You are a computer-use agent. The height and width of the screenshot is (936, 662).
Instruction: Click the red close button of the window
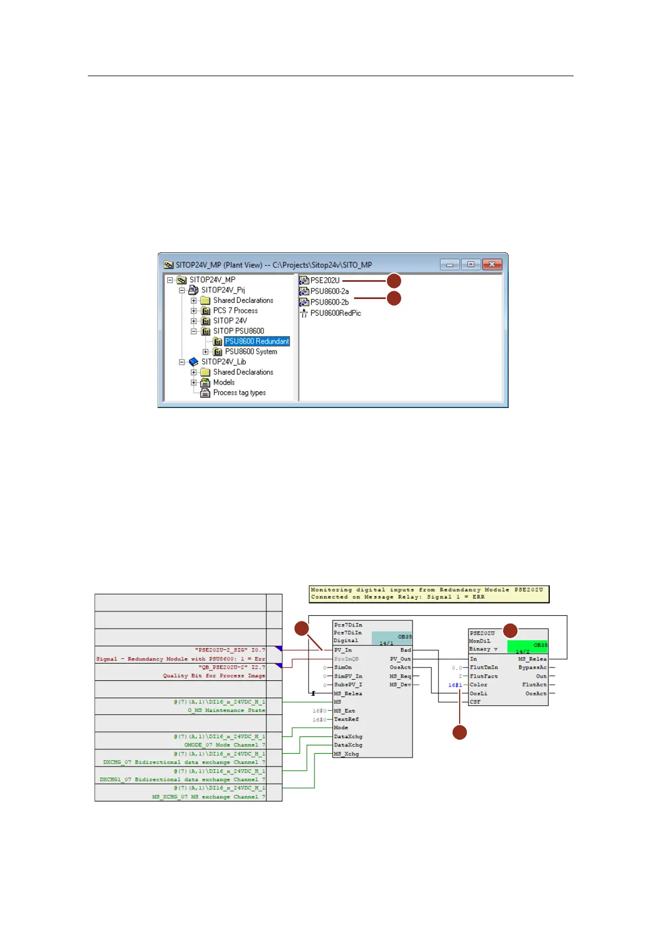coord(492,265)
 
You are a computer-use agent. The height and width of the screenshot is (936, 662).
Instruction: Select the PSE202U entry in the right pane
coord(325,280)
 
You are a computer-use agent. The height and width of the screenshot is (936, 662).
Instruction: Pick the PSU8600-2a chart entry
coord(329,291)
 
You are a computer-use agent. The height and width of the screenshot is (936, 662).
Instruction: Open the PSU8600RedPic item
coord(335,313)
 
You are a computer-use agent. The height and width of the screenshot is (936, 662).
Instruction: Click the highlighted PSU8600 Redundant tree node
coord(257,341)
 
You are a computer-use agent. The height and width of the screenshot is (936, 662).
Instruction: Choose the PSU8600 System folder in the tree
coord(251,351)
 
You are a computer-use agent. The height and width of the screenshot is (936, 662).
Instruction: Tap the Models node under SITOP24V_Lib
coord(223,382)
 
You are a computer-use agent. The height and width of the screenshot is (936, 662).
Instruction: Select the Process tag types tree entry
coord(239,392)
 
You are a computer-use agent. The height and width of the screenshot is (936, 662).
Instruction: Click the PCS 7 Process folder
coord(235,311)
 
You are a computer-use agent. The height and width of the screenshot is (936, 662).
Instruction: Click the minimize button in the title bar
coord(450,265)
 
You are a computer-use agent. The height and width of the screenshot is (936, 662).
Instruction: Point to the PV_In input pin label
coord(343,650)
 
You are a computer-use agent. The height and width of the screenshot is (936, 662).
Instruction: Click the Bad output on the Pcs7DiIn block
coord(406,650)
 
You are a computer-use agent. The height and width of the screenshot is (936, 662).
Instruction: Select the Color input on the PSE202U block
coord(478,685)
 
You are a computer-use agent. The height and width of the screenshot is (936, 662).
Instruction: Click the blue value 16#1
coord(455,685)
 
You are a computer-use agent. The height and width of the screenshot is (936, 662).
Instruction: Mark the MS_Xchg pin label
coord(346,754)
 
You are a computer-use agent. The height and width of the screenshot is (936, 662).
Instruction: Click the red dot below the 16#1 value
coord(460,733)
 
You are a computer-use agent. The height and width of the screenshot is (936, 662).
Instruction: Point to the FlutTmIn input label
coord(484,668)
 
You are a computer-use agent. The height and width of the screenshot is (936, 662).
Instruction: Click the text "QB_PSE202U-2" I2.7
coord(232,667)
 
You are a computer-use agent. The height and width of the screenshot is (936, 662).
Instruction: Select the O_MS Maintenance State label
coord(226,710)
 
